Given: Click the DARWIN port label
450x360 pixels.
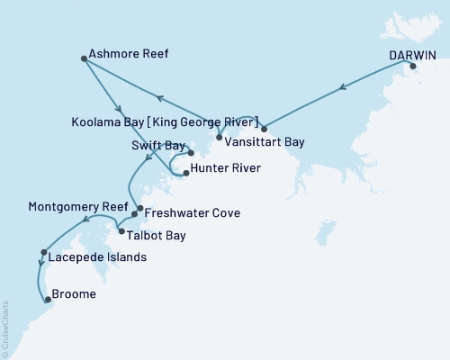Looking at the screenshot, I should [413, 54].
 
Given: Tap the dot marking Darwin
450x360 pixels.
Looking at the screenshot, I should [413, 67].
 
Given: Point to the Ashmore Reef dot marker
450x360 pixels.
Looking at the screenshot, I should [84, 59].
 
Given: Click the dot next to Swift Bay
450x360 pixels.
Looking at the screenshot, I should [191, 152].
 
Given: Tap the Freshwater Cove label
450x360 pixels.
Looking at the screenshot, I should [187, 213].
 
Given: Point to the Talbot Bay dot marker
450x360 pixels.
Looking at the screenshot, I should [121, 231].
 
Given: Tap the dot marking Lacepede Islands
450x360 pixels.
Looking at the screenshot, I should [43, 253].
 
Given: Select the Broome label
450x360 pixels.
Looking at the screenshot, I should [76, 293].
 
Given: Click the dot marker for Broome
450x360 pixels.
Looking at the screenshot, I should [48, 302].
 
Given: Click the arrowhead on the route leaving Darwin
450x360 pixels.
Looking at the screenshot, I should [343, 88].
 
